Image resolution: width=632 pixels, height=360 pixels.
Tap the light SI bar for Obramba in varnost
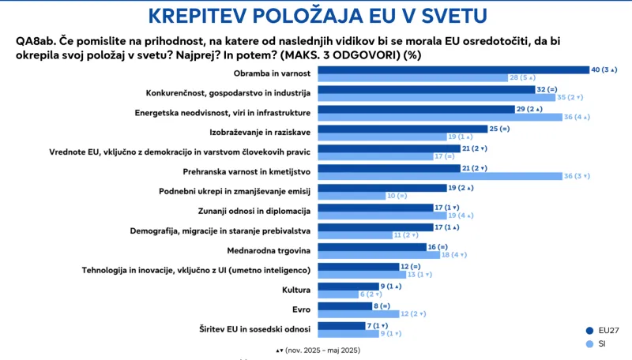tap(411, 78)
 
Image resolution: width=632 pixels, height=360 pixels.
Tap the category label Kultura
tap(294, 290)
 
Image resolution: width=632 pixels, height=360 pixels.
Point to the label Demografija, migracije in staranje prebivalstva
tap(220, 231)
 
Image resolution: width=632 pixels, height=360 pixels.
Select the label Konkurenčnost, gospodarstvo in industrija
tap(228, 92)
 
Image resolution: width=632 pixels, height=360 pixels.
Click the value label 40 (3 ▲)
tap(604, 70)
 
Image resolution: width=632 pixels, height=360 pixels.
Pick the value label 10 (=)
tap(397, 195)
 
